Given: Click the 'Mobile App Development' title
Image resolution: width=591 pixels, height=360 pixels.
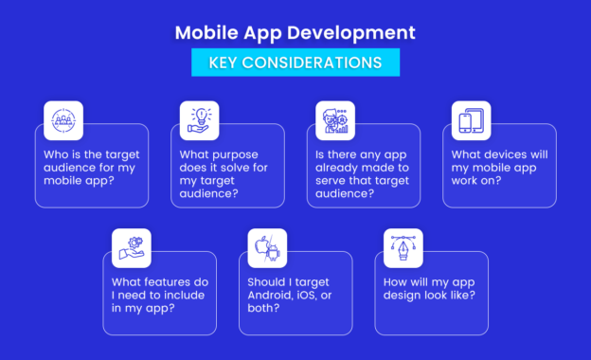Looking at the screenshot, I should (295, 32).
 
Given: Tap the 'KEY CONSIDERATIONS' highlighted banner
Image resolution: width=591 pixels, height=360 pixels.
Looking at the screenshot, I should (295, 63).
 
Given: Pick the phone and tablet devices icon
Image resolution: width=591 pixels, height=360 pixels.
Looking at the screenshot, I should (470, 120).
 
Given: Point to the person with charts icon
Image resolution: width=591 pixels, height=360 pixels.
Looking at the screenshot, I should (334, 120).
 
